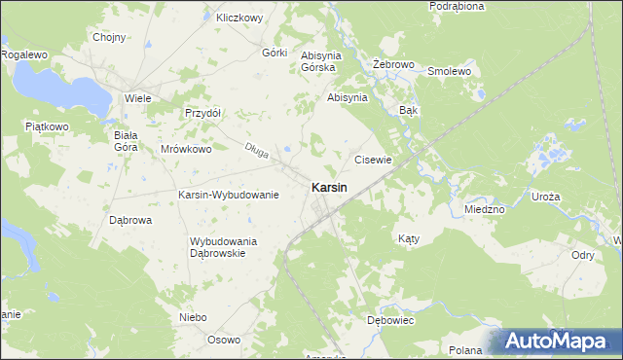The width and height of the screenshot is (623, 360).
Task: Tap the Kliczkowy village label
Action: point(240,18)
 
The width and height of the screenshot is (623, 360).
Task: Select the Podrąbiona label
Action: point(457,6)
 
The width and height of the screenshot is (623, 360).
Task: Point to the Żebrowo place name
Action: point(394,65)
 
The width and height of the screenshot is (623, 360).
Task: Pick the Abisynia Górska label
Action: point(318,61)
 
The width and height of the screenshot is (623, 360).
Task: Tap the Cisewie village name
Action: point(373,160)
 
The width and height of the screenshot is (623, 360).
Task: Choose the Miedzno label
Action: point(484,209)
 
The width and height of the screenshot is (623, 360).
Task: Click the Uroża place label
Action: point(546,197)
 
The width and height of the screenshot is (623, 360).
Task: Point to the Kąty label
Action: point(410,237)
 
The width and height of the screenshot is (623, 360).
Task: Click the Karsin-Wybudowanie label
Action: point(229,195)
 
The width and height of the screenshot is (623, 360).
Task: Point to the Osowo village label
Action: point(224,340)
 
